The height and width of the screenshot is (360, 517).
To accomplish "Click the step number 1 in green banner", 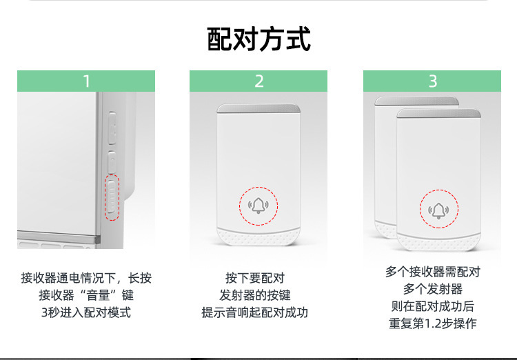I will tap(86, 81).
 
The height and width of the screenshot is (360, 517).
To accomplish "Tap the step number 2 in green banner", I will tap(258, 81).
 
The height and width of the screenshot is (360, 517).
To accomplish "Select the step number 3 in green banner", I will tap(432, 81).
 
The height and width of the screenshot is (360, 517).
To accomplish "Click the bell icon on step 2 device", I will tap(258, 206).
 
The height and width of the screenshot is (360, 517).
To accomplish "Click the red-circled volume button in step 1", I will tap(112, 197).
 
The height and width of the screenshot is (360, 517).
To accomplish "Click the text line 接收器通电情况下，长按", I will tap(86, 279).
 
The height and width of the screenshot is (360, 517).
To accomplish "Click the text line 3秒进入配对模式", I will tap(86, 312).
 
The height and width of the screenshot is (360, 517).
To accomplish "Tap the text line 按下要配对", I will tap(254, 279).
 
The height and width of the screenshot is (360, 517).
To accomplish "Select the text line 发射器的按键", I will tap(254, 295).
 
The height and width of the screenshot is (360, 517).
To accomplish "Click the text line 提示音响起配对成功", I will tap(254, 312).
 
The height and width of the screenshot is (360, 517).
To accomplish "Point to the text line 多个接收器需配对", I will tap(432, 272).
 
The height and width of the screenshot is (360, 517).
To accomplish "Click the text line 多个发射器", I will tap(432, 289).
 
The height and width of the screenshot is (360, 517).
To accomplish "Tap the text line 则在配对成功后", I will tap(432, 306).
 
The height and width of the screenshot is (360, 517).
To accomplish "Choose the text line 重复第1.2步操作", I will tap(432, 323).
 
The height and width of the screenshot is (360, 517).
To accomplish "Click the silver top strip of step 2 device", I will tap(258, 108).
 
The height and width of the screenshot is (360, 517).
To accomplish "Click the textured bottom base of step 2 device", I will tap(258, 237).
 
